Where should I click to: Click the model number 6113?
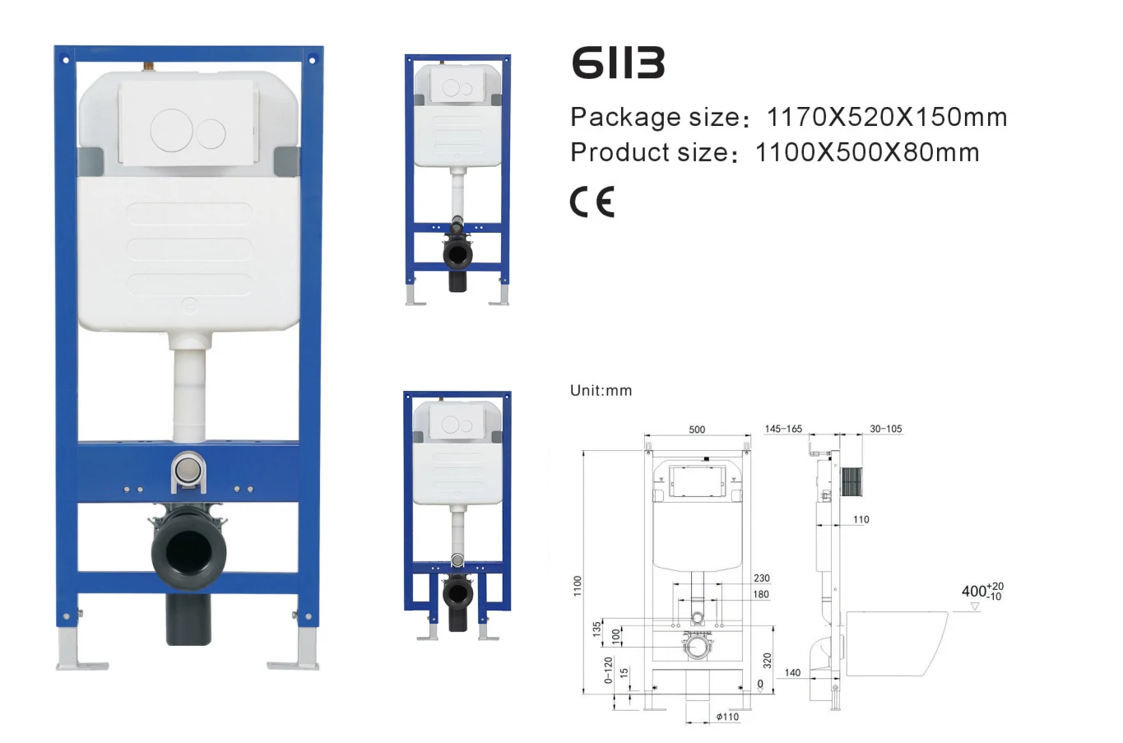coord(618,63)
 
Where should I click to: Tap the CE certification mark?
coord(592,202)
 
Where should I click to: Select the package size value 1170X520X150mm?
coord(886,118)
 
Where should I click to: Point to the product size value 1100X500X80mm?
coord(866,153)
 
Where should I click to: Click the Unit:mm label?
coord(601,391)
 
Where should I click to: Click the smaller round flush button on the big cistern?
coord(211,133)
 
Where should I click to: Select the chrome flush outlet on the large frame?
coord(188,472)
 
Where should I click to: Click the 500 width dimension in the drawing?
coord(697,430)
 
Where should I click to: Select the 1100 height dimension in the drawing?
coord(578,585)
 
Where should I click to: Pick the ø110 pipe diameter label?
coord(727,717)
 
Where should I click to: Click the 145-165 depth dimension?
coord(783,429)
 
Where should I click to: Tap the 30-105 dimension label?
coord(885,429)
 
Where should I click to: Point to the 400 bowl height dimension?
coord(981,591)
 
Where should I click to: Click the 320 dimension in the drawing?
coord(767,660)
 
